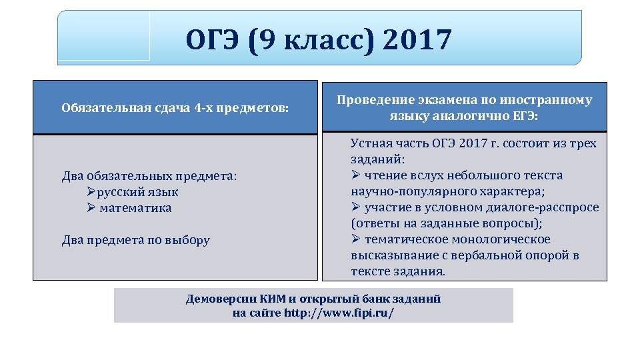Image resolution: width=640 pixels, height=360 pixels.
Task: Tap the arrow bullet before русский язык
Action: point(92,192)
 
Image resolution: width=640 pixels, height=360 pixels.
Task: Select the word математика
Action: point(135,208)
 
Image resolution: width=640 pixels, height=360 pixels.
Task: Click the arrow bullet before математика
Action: point(92,208)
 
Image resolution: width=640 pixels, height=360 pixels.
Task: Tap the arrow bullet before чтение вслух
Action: point(356,175)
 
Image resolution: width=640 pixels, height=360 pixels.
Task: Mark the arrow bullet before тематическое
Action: point(356,239)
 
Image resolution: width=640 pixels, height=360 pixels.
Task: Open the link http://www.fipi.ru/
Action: point(339,313)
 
